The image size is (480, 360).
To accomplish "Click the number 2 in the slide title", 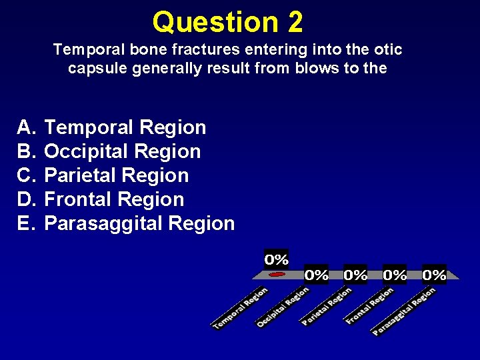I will click(295, 22).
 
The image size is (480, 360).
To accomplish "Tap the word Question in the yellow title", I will click(215, 23).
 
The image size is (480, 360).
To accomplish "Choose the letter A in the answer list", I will click(25, 127).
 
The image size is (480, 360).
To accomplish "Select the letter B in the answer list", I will click(25, 151).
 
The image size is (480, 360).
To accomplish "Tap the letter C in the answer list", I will click(25, 175).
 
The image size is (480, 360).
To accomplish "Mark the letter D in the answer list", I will click(25, 199).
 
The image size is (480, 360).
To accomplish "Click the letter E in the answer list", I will click(25, 223).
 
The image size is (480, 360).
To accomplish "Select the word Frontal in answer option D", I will click(79, 199).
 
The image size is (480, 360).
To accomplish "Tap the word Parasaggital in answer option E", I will click(104, 223).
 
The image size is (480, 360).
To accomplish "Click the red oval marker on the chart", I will click(277, 274).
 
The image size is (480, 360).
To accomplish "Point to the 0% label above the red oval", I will click(277, 259).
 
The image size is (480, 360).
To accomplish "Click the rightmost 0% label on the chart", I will click(434, 274).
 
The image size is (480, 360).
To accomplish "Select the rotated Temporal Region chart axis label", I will click(240, 308).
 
